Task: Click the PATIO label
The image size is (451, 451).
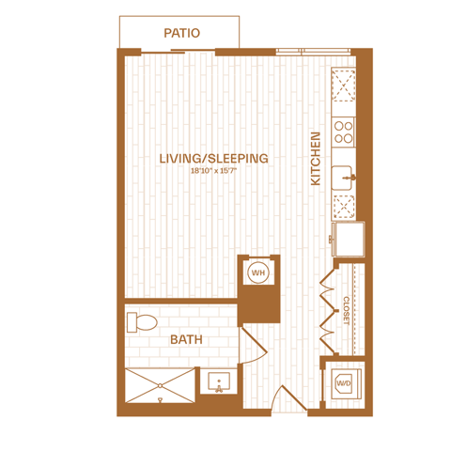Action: click(182, 33)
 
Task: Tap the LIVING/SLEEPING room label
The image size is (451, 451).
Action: click(214, 159)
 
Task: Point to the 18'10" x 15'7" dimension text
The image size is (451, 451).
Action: click(214, 171)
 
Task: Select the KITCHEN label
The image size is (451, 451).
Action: click(316, 159)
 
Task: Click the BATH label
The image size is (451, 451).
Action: click(186, 339)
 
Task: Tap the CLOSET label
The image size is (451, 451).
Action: click(347, 311)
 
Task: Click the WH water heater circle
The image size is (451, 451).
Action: click(258, 272)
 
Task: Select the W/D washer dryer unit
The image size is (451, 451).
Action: click(346, 384)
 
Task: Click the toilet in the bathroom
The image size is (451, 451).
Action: click(142, 322)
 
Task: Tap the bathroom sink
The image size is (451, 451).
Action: click(219, 382)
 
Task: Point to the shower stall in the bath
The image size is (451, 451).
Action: click(160, 385)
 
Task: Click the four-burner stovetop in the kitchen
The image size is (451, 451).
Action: click(343, 132)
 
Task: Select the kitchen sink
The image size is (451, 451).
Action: click(342, 178)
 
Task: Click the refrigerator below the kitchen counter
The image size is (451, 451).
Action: click(349, 239)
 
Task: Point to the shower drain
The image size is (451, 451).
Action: click(161, 399)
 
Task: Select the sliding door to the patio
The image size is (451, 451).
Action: click(178, 52)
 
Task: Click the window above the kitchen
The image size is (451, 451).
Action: click(313, 52)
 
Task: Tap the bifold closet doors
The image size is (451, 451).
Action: click(328, 311)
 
